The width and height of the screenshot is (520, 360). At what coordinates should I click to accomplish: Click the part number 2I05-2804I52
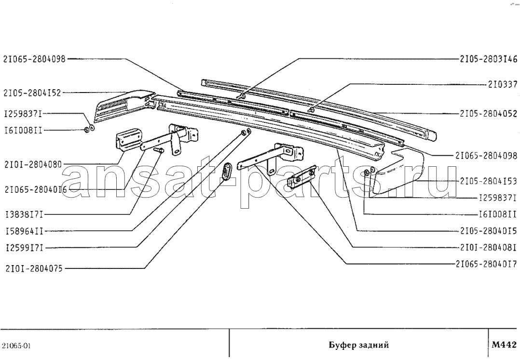(x=32, y=93)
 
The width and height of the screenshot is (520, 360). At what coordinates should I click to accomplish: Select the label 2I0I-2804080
(x=33, y=164)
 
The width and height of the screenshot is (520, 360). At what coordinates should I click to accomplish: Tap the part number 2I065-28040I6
(x=36, y=190)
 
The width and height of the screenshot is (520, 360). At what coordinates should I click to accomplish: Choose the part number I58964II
(x=25, y=231)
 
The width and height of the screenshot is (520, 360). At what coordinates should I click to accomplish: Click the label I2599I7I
(x=25, y=247)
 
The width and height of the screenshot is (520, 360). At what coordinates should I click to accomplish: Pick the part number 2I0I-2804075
(x=34, y=268)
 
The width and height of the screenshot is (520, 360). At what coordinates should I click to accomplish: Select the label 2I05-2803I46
(x=489, y=59)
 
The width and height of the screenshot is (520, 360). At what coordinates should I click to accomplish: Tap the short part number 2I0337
(x=503, y=85)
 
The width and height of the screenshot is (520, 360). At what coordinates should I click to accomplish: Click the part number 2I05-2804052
(x=489, y=114)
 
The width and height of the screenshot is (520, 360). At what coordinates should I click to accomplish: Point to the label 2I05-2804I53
(x=489, y=181)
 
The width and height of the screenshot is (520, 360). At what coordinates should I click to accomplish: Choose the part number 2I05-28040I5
(x=489, y=231)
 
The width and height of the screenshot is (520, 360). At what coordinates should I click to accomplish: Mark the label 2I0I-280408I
(x=489, y=247)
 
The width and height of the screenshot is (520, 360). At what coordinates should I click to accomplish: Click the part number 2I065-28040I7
(x=486, y=264)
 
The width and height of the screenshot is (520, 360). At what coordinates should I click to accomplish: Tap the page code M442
(x=504, y=345)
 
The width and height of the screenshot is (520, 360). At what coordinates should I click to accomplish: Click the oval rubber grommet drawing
(x=227, y=171)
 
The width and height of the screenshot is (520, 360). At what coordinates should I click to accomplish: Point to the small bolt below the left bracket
(x=159, y=150)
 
